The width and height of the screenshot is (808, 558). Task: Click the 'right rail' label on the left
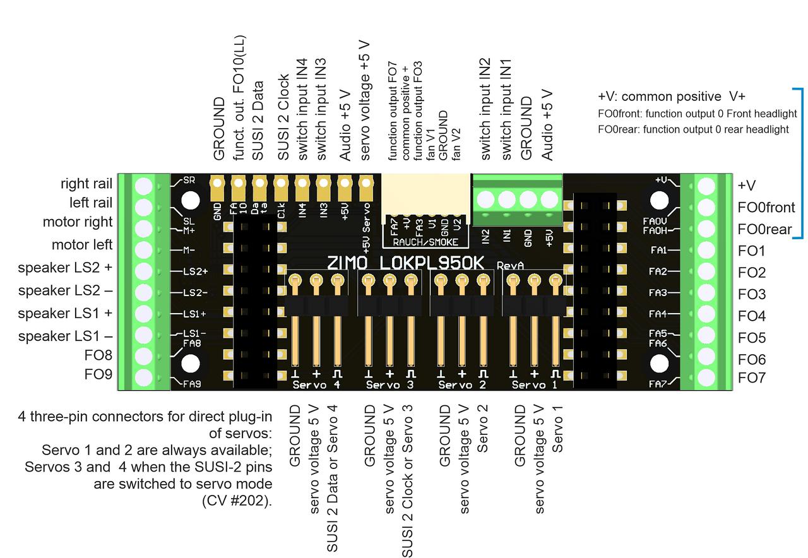tap(86, 184)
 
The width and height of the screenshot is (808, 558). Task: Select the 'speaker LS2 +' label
tap(65, 268)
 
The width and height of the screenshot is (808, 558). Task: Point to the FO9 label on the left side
tap(98, 374)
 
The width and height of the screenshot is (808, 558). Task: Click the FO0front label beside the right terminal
tap(766, 208)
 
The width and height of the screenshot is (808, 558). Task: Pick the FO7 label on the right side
tap(752, 378)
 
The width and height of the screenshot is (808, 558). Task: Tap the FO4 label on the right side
tap(752, 316)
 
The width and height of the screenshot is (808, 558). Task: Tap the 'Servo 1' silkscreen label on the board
tap(536, 384)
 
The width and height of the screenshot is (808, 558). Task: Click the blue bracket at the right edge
tap(801, 163)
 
